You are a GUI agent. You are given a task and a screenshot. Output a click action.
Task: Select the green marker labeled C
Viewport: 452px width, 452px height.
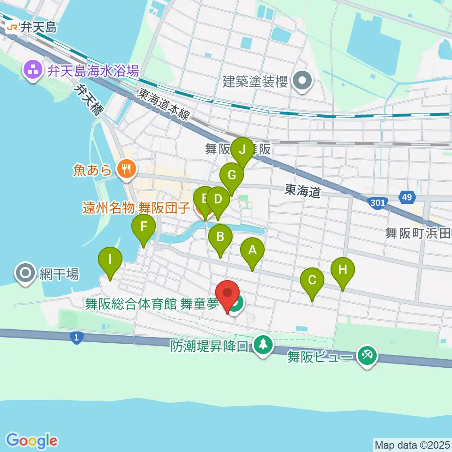tap(312, 281)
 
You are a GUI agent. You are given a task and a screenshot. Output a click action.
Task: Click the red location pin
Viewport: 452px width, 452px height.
tap(228, 295)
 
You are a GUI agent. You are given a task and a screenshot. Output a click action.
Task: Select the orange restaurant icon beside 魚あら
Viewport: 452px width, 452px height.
tap(126, 168)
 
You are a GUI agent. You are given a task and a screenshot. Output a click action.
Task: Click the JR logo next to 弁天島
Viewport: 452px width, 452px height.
tap(13, 28)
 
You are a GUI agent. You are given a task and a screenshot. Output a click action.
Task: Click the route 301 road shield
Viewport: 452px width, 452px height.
tap(377, 202)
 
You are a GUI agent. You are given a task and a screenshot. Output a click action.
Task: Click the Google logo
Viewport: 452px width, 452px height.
tap(32, 441)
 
